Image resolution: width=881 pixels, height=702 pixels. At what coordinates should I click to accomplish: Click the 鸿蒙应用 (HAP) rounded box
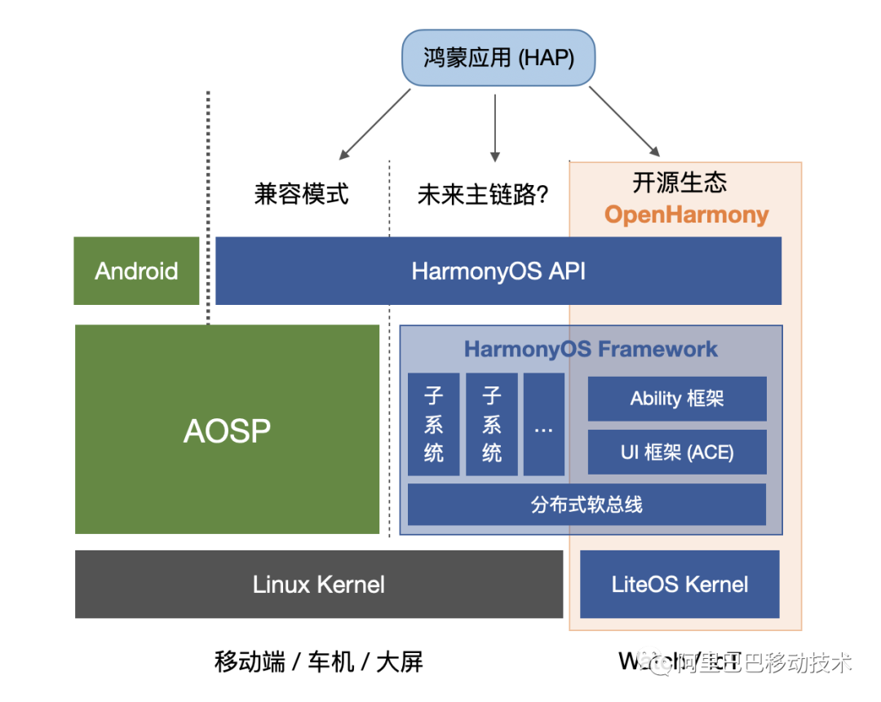(498, 58)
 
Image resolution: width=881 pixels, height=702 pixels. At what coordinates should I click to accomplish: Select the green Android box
(136, 271)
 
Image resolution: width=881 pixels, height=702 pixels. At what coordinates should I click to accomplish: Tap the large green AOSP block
(227, 430)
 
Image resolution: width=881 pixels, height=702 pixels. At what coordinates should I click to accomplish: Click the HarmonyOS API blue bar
(498, 271)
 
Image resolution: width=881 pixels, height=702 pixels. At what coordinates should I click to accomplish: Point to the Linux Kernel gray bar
(319, 584)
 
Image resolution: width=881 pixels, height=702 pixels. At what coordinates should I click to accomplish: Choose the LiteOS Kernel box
(680, 584)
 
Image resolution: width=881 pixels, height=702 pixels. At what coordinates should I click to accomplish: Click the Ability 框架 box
(677, 399)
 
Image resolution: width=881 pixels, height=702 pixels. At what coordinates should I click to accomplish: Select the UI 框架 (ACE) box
(677, 452)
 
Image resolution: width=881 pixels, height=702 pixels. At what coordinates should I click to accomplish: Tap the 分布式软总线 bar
(587, 504)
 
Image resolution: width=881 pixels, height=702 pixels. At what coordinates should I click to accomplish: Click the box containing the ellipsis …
(543, 425)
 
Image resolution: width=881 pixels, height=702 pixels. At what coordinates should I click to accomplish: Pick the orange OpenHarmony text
(686, 215)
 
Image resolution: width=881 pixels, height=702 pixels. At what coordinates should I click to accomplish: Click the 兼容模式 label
(301, 194)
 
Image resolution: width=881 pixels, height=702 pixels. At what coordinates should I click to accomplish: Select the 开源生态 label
(679, 182)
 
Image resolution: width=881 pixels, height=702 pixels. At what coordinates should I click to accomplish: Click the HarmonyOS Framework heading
(591, 349)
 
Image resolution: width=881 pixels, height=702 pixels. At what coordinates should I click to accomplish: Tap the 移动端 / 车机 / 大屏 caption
(319, 660)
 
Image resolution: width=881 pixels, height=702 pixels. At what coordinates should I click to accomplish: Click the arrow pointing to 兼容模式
(374, 124)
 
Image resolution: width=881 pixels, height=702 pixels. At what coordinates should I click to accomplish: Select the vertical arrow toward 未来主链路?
(494, 126)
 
